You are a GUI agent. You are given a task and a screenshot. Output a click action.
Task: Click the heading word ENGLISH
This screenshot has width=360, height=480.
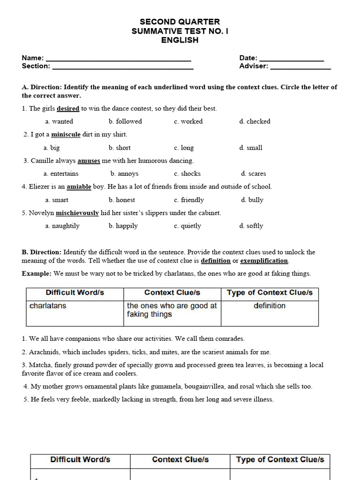(180, 40)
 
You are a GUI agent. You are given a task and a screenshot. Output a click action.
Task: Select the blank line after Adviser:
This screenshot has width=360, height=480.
(300, 68)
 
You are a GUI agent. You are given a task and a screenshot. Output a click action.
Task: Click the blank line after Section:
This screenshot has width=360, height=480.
(122, 68)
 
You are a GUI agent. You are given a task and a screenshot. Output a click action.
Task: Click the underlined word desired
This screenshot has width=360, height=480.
(68, 108)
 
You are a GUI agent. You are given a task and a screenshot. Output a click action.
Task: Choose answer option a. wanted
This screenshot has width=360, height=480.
(59, 121)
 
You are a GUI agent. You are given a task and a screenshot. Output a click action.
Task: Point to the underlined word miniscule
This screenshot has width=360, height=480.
(66, 135)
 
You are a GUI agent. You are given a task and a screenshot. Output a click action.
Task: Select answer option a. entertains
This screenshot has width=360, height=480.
(61, 174)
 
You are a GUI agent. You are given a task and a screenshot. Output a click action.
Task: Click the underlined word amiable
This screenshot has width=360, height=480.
(79, 187)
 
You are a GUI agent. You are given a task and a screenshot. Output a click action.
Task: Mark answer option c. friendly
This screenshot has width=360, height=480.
(189, 200)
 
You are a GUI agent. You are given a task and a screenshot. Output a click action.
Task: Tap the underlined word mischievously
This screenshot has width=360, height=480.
(77, 213)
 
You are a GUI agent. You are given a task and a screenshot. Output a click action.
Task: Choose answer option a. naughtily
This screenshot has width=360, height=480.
(62, 226)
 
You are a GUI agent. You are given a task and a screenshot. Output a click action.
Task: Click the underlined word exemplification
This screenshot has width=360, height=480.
(264, 261)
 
